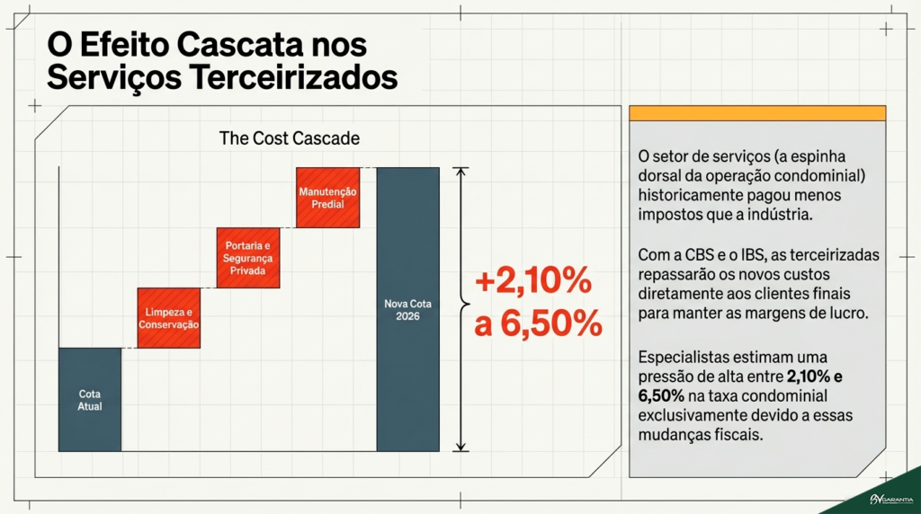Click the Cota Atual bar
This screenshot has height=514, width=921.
[90, 399]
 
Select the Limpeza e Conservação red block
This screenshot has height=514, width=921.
[167, 317]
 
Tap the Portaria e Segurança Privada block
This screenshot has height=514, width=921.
[247, 257]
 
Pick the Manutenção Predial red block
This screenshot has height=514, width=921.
[327, 197]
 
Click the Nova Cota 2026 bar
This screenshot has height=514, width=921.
[407, 308]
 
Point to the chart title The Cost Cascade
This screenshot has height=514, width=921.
[289, 139]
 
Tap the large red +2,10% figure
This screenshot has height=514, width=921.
[532, 282]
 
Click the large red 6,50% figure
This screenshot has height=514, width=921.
[550, 324]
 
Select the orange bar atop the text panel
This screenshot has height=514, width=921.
[757, 113]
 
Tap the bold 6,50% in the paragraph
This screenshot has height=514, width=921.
[661, 395]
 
